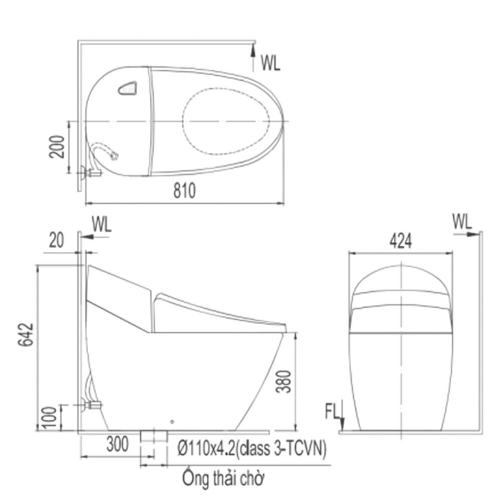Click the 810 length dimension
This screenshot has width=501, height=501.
pyautogui.click(x=184, y=190)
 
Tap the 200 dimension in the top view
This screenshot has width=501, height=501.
pyautogui.click(x=57, y=147)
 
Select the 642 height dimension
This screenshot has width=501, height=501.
pyautogui.click(x=26, y=335)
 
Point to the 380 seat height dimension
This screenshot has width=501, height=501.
pyautogui.click(x=284, y=381)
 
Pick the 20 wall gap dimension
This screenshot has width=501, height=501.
pyautogui.click(x=56, y=240)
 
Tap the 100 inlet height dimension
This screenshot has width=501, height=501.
pyautogui.click(x=49, y=417)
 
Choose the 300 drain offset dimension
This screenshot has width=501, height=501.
pyautogui.click(x=118, y=444)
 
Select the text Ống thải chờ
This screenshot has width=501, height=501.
pyautogui.click(x=223, y=478)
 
